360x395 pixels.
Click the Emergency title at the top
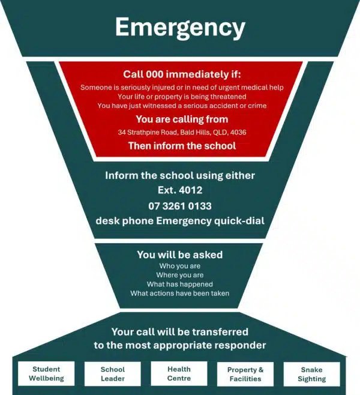tap(180, 28)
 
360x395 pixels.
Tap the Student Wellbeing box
tap(46, 373)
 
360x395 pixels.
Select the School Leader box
tap(113, 374)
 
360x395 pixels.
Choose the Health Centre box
tap(179, 373)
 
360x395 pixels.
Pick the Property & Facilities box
tap(245, 374)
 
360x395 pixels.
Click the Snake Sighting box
tap(311, 374)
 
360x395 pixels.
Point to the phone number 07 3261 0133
tap(180, 206)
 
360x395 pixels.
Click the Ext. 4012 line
tap(180, 190)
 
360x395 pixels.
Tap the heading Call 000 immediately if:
tap(182, 74)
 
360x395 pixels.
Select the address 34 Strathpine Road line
tap(182, 132)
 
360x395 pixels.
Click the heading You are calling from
tap(182, 119)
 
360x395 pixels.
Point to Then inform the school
tap(182, 146)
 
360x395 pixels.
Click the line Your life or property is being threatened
tap(182, 97)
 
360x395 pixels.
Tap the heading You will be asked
tap(180, 255)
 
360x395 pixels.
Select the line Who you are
tap(180, 266)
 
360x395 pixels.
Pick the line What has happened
tap(180, 284)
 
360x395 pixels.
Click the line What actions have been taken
tap(180, 293)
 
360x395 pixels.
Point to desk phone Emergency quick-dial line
tap(180, 221)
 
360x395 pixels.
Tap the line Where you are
tap(180, 275)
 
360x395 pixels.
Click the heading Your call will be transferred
tap(180, 332)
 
